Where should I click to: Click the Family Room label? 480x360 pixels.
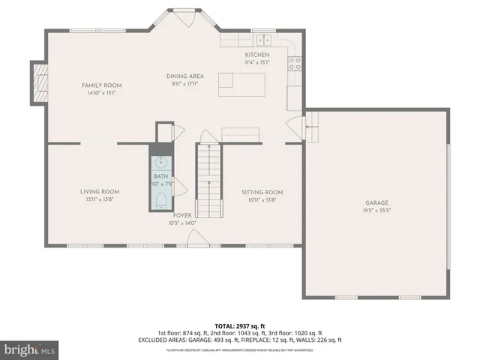[x=101, y=85]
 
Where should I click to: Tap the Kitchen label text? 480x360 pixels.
[x=256, y=55]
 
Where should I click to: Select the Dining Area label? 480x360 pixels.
[x=184, y=76]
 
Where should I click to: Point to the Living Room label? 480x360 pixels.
[x=100, y=191]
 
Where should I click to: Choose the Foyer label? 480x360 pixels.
[x=182, y=215]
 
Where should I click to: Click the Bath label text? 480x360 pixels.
[x=162, y=176]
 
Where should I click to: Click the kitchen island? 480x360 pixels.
[x=243, y=85]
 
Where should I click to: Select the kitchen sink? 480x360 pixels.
[x=263, y=40]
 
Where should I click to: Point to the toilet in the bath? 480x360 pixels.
[x=162, y=199]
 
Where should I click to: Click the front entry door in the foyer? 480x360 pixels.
[x=198, y=239]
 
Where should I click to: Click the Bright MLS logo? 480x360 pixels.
[x=30, y=349]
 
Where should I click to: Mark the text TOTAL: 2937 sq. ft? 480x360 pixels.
[x=240, y=325]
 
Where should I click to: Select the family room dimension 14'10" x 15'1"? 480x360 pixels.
[x=101, y=93]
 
